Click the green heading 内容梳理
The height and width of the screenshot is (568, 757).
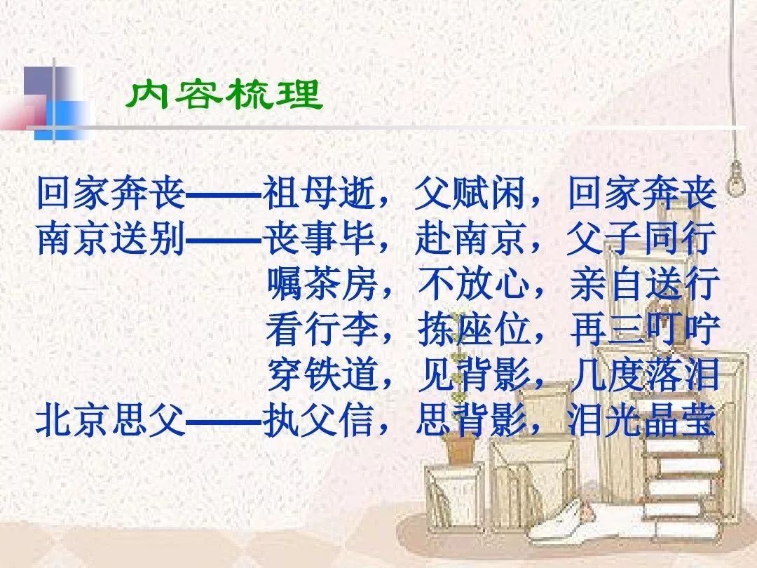pyautogui.click(x=224, y=94)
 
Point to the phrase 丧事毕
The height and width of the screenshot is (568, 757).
pyautogui.click(x=319, y=238)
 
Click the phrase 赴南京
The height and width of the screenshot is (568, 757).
pyautogui.click(x=470, y=238)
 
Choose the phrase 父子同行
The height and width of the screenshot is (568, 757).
pyautogui.click(x=641, y=238)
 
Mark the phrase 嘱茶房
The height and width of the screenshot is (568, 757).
pyautogui.click(x=322, y=283)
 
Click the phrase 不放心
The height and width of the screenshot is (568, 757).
pyautogui.click(x=474, y=283)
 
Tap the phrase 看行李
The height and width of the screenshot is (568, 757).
pyautogui.click(x=322, y=329)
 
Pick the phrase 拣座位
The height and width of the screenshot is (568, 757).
pyautogui.click(x=474, y=329)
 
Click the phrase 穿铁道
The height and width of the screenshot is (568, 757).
pyautogui.click(x=322, y=374)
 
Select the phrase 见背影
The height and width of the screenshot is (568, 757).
pyautogui.click(x=474, y=374)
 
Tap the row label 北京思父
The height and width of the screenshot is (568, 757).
pyautogui.click(x=111, y=420)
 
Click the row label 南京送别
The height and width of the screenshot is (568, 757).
pyautogui.click(x=111, y=238)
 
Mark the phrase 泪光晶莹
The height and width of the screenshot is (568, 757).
pyautogui.click(x=641, y=420)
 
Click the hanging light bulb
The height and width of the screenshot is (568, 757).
pyautogui.click(x=736, y=179)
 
